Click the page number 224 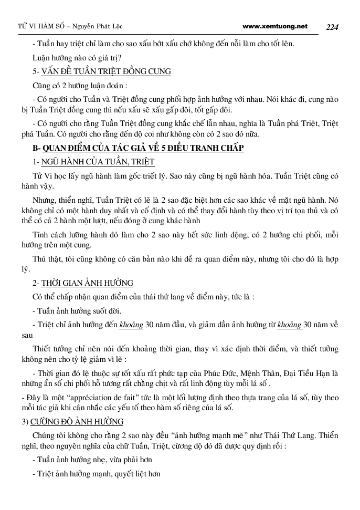pos(334,27)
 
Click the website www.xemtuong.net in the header pos(276,26)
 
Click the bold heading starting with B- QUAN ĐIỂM pos(138,148)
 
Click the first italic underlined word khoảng pos(131,324)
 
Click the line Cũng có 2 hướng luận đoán pos(79,85)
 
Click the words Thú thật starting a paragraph pos(48,259)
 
